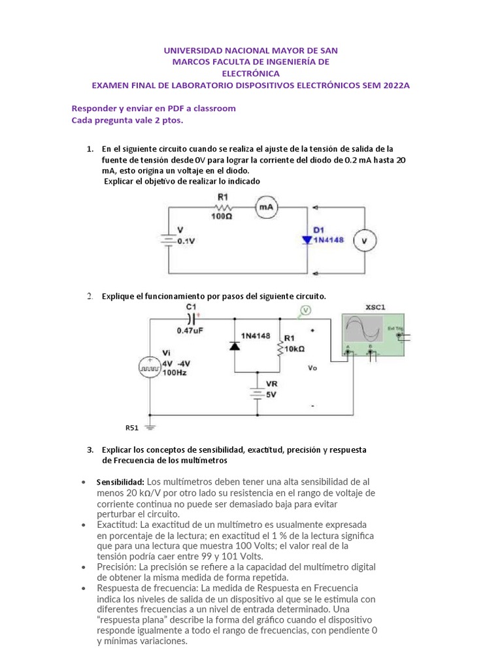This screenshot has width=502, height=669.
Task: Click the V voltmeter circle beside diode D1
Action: click(365, 241)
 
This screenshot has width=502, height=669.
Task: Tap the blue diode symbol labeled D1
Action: click(307, 240)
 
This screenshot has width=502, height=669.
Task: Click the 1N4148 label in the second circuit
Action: click(256, 336)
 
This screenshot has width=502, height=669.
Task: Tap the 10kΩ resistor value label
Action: click(295, 348)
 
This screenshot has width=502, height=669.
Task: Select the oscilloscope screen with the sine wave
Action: click(363, 331)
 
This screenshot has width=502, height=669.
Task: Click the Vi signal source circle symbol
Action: click(149, 367)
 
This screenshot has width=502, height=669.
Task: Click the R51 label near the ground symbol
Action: click(133, 428)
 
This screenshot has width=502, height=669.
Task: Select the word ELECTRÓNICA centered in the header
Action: click(250, 74)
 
